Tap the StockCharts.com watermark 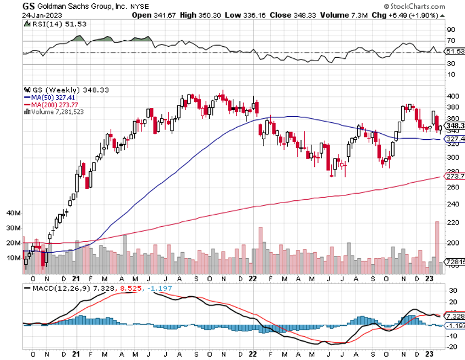[x=424, y=6]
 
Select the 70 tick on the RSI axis [x=451, y=41]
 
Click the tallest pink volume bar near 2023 [x=437, y=248]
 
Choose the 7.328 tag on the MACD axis [x=454, y=317]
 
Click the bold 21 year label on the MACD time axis [x=76, y=354]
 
